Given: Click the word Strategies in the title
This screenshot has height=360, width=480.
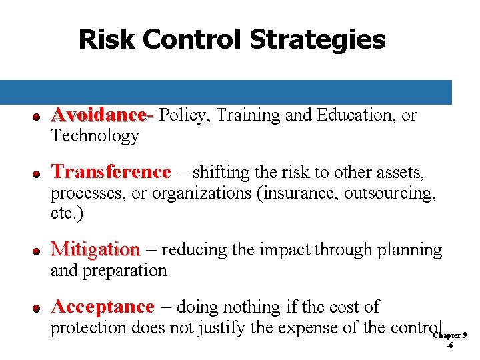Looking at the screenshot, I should point(317,39).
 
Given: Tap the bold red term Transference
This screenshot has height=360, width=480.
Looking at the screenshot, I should point(111,172).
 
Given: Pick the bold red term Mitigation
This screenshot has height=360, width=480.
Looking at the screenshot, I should point(95,249).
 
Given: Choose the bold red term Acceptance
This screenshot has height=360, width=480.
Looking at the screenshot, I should point(103,307).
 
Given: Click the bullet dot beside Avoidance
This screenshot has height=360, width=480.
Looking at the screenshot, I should point(39,117).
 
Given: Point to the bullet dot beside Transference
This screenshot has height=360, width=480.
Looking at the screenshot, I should point(39,174).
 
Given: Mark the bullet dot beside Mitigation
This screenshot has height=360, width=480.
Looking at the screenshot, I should point(39,251).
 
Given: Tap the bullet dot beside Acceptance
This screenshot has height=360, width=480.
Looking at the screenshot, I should point(39,309).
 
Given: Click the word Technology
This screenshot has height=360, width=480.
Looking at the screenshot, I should point(95,136).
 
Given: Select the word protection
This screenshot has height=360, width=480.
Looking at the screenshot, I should point(91,328).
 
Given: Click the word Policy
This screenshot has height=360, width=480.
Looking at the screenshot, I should point(182,115).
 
